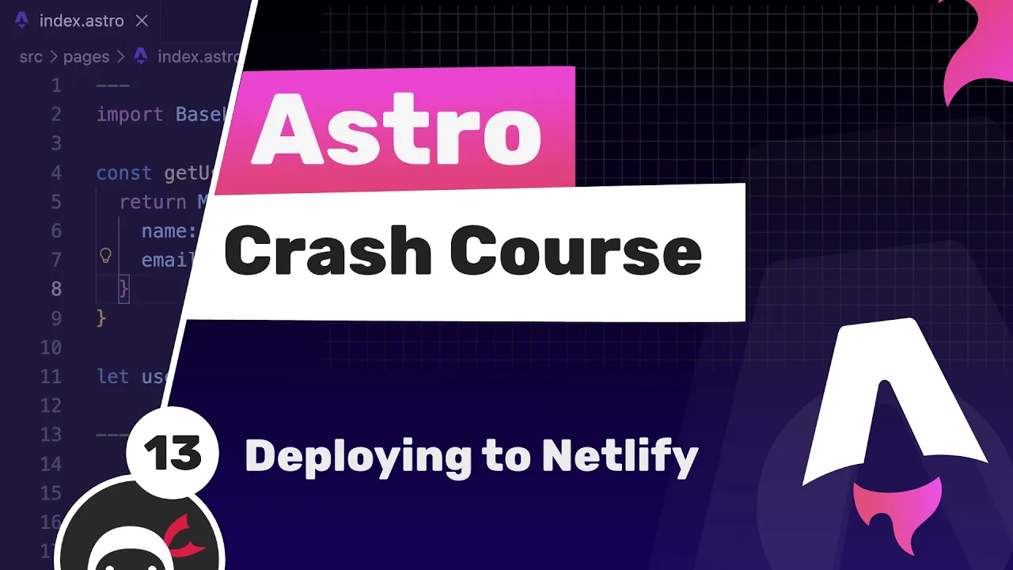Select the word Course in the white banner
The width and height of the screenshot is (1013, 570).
(x=575, y=252)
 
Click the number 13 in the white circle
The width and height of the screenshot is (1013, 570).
(x=173, y=454)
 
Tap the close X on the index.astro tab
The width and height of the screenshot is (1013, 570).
(x=142, y=21)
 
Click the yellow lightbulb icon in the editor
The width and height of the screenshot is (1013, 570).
(x=105, y=256)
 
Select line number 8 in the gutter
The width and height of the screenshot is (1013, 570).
(x=55, y=289)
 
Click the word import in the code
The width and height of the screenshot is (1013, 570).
(x=130, y=115)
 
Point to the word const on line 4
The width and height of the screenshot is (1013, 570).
(x=123, y=173)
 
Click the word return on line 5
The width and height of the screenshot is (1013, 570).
(x=153, y=202)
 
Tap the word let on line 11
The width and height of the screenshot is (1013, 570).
(x=112, y=376)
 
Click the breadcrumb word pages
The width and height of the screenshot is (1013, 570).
(x=85, y=56)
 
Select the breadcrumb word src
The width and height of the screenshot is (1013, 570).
(x=31, y=56)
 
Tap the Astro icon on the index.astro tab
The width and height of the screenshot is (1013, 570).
(x=22, y=21)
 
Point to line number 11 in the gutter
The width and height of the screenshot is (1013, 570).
(x=51, y=376)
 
